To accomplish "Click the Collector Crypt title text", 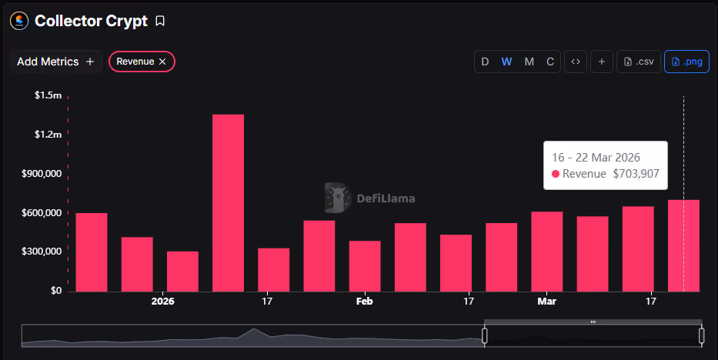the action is pyautogui.click(x=91, y=21).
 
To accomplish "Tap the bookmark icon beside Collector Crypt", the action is pyautogui.click(x=160, y=21).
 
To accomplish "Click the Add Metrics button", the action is pyautogui.click(x=55, y=62).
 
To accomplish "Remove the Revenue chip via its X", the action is pyautogui.click(x=162, y=62).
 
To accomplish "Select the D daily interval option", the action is pyautogui.click(x=485, y=62).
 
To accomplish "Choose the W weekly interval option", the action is pyautogui.click(x=506, y=62).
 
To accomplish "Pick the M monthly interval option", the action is pyautogui.click(x=529, y=62).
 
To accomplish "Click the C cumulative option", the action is pyautogui.click(x=550, y=62).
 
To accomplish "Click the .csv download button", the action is pyautogui.click(x=639, y=62).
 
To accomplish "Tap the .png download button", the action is pyautogui.click(x=686, y=62).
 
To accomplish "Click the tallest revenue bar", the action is pyautogui.click(x=228, y=203).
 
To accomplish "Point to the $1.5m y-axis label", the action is pyautogui.click(x=48, y=95).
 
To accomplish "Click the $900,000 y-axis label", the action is pyautogui.click(x=42, y=174).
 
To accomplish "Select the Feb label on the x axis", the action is pyautogui.click(x=365, y=301).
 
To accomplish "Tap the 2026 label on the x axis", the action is pyautogui.click(x=162, y=301).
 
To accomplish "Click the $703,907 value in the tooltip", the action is pyautogui.click(x=636, y=174).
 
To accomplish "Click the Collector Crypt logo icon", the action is pyautogui.click(x=19, y=21).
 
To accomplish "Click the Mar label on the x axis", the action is pyautogui.click(x=546, y=301).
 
